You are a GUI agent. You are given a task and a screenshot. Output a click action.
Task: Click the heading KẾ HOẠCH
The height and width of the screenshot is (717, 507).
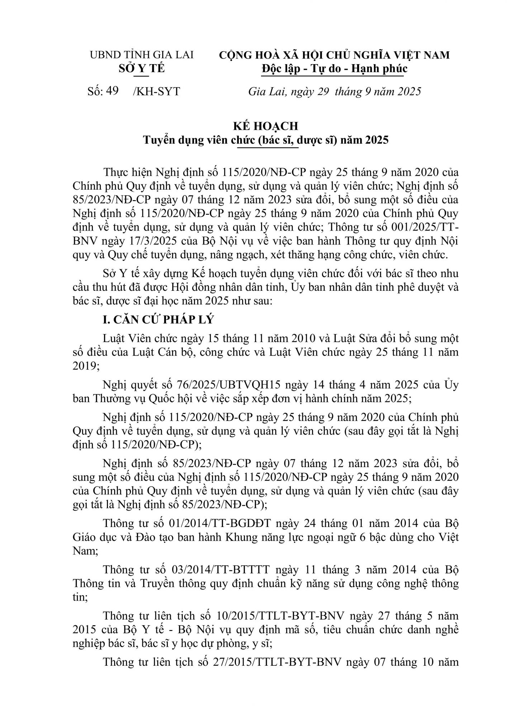266,126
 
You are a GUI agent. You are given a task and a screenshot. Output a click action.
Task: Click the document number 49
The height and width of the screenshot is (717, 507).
112,91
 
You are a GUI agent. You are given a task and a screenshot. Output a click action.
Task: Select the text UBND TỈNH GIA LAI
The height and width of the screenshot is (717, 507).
141,55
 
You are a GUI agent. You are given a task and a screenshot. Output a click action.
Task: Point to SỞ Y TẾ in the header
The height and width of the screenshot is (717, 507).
141,68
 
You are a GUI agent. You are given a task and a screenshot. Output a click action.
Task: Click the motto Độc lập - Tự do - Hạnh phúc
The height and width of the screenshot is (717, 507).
334,68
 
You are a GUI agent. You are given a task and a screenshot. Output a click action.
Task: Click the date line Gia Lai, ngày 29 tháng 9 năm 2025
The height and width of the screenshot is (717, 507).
334,91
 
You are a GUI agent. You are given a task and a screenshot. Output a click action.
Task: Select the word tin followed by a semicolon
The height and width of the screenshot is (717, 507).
79,598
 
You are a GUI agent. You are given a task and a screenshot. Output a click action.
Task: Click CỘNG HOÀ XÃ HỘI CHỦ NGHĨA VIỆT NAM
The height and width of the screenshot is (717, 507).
334,55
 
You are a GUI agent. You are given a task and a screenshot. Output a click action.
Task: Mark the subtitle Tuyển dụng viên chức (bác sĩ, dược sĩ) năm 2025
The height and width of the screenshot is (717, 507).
266,140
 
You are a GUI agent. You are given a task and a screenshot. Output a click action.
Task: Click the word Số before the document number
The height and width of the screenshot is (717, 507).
95,91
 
